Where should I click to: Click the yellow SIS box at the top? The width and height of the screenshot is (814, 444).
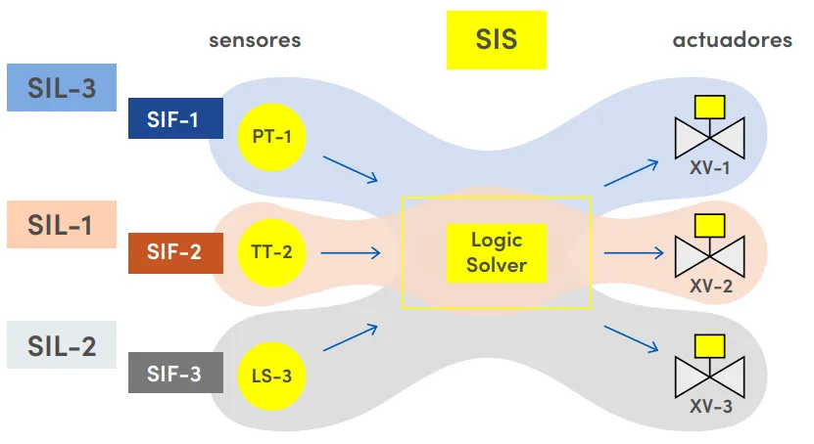pos(496,40)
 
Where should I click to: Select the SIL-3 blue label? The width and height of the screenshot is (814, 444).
pos(62,88)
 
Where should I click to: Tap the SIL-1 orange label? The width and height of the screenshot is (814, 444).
pos(62,224)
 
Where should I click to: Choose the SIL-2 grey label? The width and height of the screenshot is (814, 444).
pos(62,345)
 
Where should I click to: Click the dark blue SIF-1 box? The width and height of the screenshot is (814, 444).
pos(174,120)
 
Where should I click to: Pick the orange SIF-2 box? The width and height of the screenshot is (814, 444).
pos(174,251)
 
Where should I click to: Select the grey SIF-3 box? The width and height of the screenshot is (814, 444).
pos(174,374)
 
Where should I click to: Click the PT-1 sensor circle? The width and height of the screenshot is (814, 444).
pos(271,136)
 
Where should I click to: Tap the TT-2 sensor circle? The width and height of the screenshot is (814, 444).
pos(271,252)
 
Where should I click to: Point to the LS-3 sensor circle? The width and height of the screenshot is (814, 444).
pos(271,375)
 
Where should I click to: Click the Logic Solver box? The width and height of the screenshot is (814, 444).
pos(497,252)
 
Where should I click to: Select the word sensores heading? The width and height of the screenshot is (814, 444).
pos(255,40)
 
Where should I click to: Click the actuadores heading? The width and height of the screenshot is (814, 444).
pos(732,40)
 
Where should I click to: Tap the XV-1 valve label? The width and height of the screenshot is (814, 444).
pos(709,167)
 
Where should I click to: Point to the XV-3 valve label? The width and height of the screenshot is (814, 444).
pos(709,407)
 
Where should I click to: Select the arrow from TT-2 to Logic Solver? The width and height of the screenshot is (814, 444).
pos(350,253)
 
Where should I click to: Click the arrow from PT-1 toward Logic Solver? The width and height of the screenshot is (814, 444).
pos(350,168)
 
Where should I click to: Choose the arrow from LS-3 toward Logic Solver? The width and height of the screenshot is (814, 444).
pos(350,336)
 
